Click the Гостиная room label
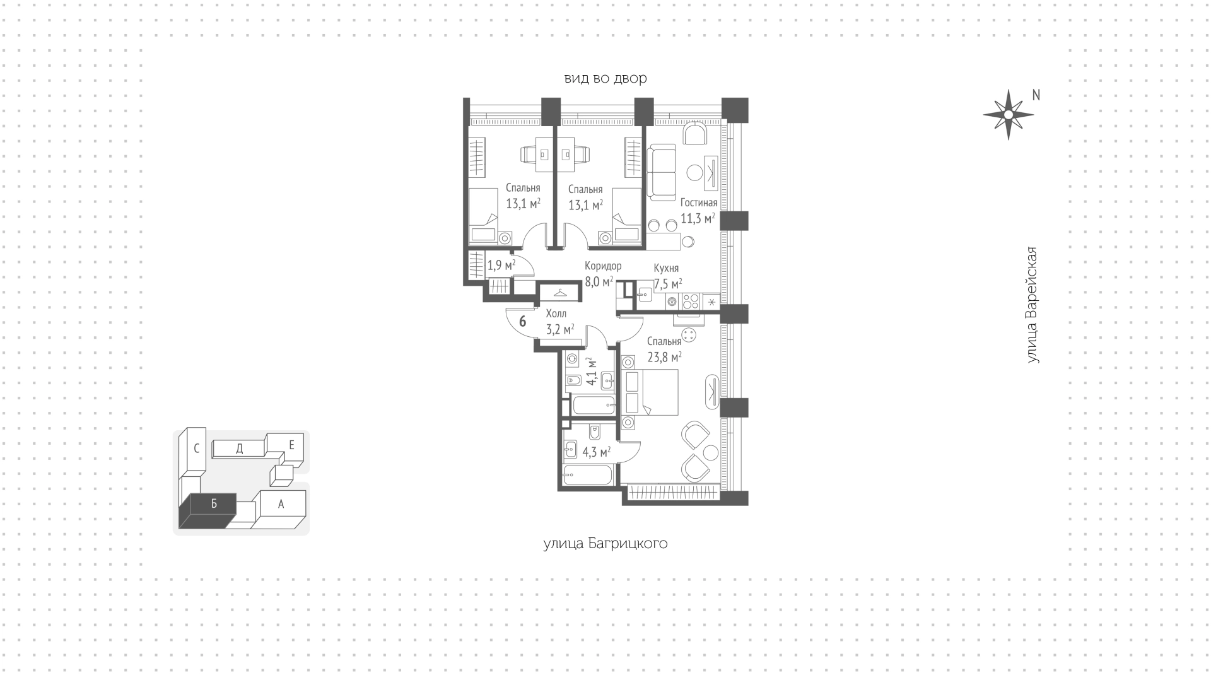(698, 203)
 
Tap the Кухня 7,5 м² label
(667, 276)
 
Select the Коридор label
(603, 266)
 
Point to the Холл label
(556, 314)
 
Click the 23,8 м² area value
(665, 358)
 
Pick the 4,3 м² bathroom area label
(596, 452)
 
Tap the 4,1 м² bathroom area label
(591, 372)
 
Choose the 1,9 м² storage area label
(501, 266)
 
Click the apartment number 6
(522, 321)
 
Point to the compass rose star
(1008, 115)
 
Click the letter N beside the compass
(1036, 95)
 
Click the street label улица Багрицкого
(605, 544)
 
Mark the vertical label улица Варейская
(1032, 305)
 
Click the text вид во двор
(605, 78)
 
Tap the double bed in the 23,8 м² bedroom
(650, 392)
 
